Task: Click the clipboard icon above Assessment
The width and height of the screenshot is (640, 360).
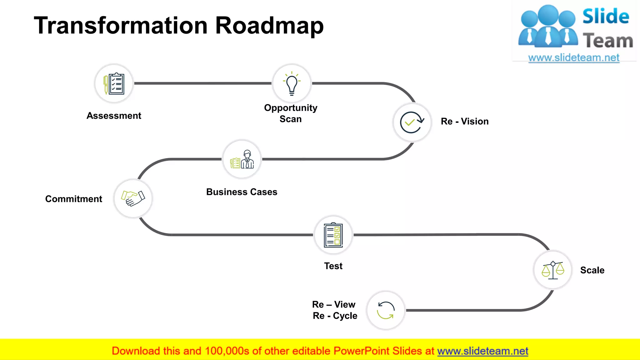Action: [x=114, y=84]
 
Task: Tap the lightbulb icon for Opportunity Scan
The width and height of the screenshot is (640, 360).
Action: [x=292, y=83]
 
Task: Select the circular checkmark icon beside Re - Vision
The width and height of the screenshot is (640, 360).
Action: [x=412, y=122]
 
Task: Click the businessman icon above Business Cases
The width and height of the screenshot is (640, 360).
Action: [x=242, y=159]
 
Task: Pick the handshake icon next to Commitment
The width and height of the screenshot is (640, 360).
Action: [x=133, y=198]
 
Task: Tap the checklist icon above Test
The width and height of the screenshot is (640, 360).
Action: [x=333, y=235]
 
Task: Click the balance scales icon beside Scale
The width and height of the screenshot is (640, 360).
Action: [x=552, y=270]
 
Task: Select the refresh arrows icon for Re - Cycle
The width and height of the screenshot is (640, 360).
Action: [x=386, y=310]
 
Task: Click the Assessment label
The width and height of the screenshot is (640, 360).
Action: [x=114, y=116]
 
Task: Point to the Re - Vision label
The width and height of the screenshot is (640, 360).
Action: [x=464, y=121]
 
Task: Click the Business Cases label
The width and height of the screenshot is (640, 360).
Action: [x=242, y=192]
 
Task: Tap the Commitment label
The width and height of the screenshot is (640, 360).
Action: [x=74, y=199]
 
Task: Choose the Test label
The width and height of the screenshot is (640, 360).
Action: [x=333, y=266]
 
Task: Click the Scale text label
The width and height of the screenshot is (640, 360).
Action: [x=592, y=270]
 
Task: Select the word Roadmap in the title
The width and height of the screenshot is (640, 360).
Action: [x=269, y=26]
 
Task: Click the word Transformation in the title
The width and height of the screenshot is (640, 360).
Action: [x=121, y=26]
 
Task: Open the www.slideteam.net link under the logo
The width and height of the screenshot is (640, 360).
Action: [x=573, y=58]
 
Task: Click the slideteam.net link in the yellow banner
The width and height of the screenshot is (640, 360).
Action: [x=482, y=351]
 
